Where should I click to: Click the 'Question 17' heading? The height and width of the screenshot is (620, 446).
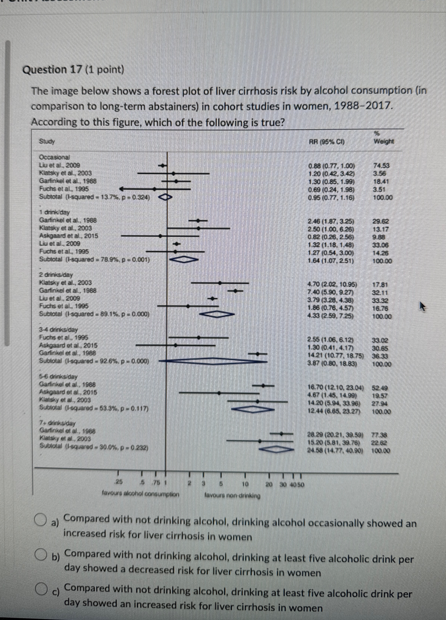pos(73,70)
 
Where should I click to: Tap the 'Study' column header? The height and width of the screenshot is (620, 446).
pos(47,142)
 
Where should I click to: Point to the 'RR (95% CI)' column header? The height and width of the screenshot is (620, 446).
pos(326,142)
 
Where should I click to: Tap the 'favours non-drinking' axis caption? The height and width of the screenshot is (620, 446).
pos(233,495)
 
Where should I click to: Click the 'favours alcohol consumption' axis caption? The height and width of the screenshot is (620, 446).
pos(140,494)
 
